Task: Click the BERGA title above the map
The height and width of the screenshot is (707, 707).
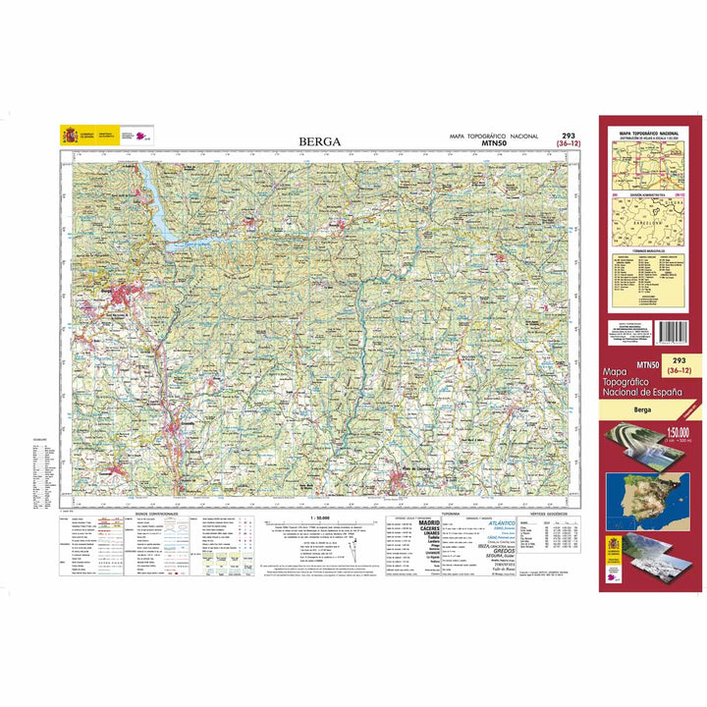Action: coord(320,141)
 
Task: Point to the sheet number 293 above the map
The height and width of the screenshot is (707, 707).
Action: coord(568,136)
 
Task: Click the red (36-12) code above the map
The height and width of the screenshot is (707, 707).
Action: coord(568,144)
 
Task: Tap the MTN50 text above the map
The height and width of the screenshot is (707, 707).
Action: coord(494,144)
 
